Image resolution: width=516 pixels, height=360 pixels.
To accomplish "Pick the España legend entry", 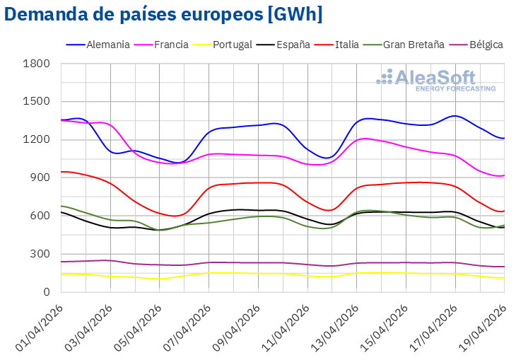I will [291, 45].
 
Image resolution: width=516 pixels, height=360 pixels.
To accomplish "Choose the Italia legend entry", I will [346, 45].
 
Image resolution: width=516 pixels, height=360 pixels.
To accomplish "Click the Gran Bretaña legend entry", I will [414, 45].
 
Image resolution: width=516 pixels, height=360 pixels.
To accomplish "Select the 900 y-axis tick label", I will [42, 178].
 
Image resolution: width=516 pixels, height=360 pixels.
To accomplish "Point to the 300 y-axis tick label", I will [42, 254].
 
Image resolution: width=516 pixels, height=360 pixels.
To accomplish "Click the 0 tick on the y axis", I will [47, 291].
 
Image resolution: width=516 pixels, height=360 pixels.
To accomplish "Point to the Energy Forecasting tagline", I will [455, 88].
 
